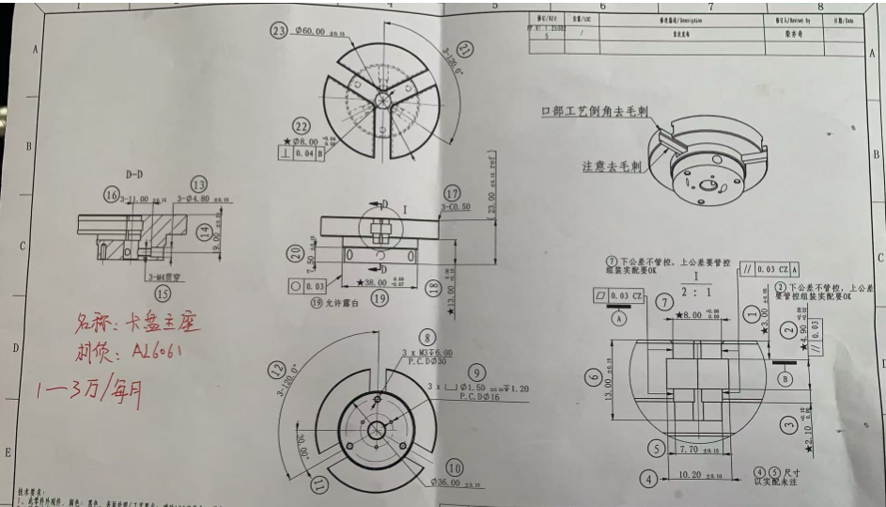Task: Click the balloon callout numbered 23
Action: [x=278, y=31]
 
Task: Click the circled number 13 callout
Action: [x=198, y=184]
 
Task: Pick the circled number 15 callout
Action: [x=163, y=293]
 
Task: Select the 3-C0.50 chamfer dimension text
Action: [x=456, y=207]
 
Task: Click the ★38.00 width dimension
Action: [x=367, y=281]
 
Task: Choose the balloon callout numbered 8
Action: [x=427, y=338]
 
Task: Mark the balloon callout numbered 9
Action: [x=477, y=373]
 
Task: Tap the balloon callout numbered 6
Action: [x=593, y=378]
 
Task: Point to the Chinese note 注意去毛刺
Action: [x=611, y=166]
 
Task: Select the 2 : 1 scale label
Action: [x=695, y=293]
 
